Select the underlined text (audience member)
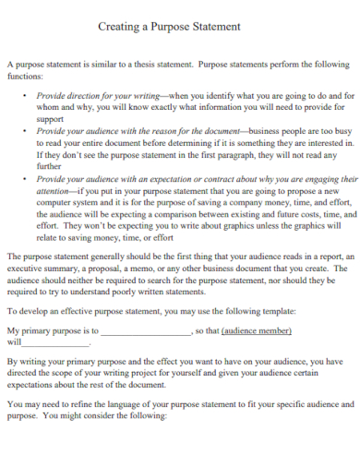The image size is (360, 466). (257, 330)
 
